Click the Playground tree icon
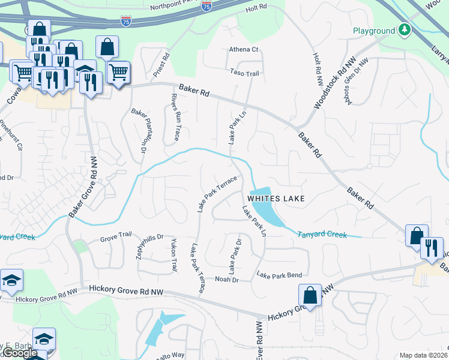405,30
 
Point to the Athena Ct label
243,50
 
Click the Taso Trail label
244,73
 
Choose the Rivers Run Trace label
175,117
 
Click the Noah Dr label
227,280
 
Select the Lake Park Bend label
279,275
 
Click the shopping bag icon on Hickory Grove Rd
310,295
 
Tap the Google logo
20,353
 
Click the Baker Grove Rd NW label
83,186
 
